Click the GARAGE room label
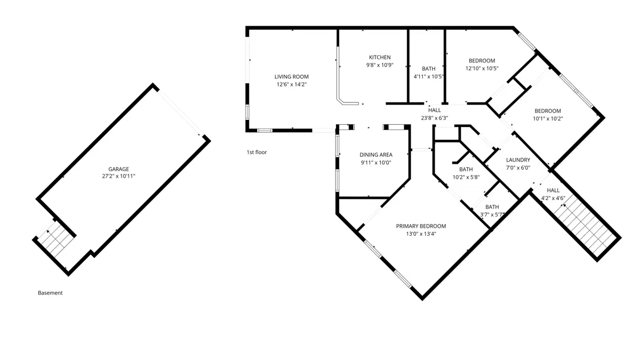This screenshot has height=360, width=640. pos(118,169)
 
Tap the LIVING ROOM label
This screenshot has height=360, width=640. pos(291,77)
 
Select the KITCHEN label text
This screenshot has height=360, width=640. pos(380,57)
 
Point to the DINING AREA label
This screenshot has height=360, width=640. pos(375,155)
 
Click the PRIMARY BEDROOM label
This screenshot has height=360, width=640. pos(421,226)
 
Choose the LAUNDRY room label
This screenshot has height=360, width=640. pos(518,160)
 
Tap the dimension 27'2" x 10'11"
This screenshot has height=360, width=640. pos(118,177)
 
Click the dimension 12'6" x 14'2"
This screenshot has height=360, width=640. pos(291,84)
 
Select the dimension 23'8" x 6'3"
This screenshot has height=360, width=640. pos(434,118)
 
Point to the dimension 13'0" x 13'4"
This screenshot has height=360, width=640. pos(421,234)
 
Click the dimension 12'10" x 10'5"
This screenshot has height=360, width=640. pos(482,68)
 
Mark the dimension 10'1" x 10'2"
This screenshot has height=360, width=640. pos(548,118)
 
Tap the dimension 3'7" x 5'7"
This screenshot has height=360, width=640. pos(492,214)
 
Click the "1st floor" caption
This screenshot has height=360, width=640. pos(257,153)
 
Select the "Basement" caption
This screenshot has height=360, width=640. pos(50,293)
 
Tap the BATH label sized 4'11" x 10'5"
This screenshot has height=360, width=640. pos(429,69)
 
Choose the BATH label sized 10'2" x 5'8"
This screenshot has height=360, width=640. pos(466,170)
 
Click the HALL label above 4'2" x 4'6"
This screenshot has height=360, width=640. pos(553,190)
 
